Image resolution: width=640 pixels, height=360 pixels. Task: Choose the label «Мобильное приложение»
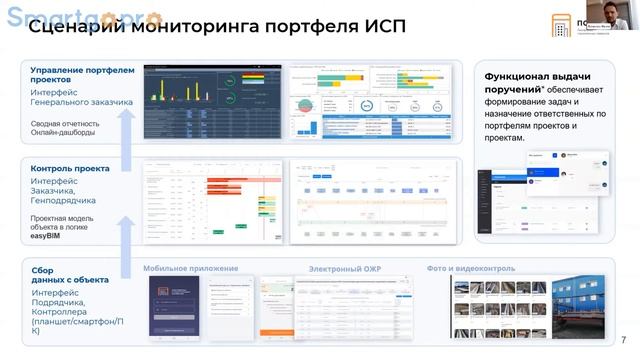[190, 268]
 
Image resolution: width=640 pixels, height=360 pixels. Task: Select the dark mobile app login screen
[174, 306]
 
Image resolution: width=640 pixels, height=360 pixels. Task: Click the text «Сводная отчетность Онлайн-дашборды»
[71, 129]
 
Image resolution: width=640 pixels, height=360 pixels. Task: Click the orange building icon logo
[562, 24]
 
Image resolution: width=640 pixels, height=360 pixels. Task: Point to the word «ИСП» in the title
[384, 27]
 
